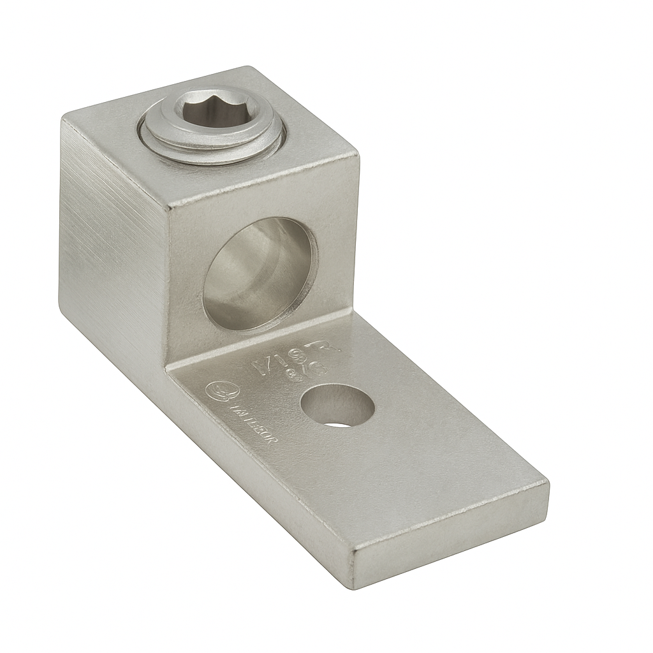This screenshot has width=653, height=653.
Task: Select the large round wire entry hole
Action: tap(258, 274)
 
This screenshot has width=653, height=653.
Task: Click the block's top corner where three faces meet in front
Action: tap(168, 208)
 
